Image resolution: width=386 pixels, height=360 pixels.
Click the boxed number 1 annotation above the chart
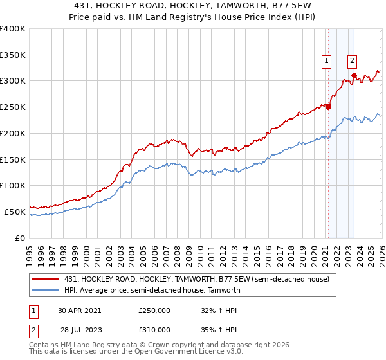click(327, 61)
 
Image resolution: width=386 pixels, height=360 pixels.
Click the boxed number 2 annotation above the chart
click(353, 61)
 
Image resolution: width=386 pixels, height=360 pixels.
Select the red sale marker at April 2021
click(328, 107)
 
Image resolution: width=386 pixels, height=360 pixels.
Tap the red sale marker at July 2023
click(354, 76)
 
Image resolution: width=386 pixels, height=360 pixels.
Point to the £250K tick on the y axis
click(13, 107)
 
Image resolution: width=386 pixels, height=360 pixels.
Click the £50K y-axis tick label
click(15, 212)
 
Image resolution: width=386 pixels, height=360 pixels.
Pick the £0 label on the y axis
click(19, 238)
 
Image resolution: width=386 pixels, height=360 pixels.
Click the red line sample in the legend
click(45, 279)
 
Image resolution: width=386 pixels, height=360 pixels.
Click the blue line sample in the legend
click(45, 290)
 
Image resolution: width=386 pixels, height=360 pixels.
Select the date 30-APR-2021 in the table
click(79, 310)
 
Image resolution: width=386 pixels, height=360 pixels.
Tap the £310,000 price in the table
click(154, 329)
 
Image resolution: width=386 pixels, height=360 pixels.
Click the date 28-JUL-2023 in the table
click(79, 329)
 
